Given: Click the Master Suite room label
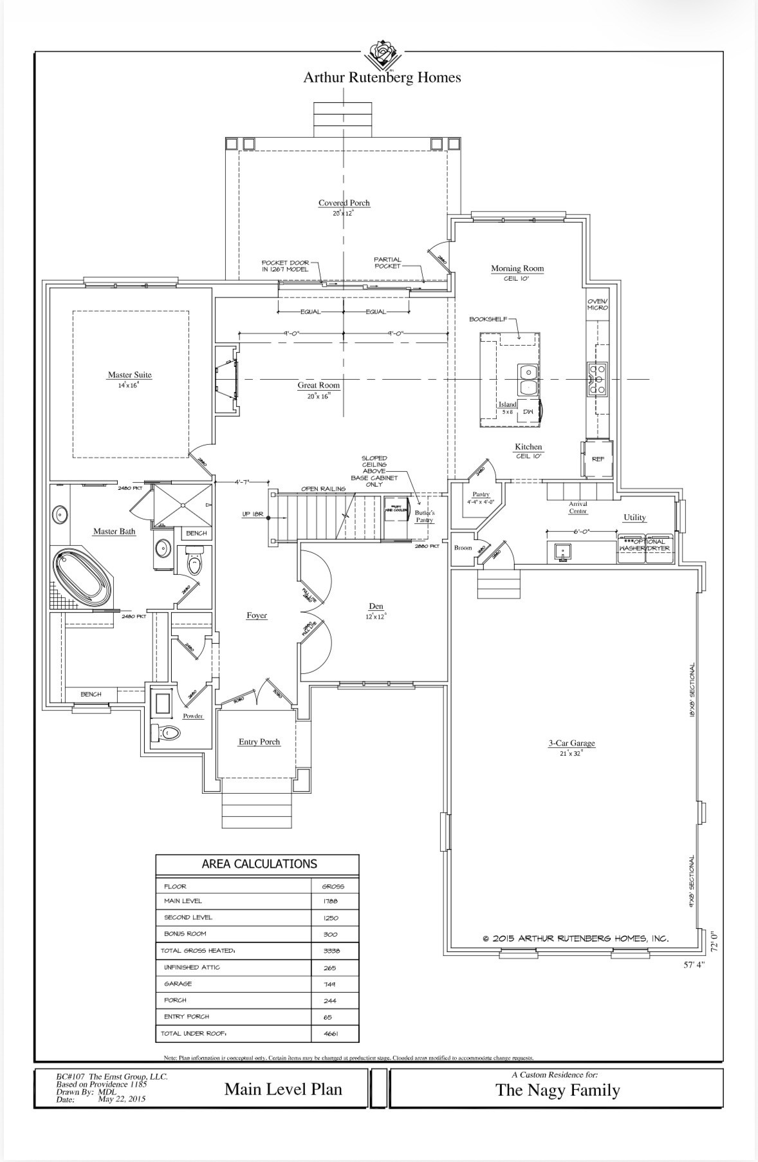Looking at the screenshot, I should click(129, 375).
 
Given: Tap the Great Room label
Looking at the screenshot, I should click(319, 386).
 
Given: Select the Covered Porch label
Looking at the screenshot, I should click(344, 203).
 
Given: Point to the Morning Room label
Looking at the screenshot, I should click(517, 268).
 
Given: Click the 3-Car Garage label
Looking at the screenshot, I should click(571, 743).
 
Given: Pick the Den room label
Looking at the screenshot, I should click(376, 606).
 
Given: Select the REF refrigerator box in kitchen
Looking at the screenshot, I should click(598, 458).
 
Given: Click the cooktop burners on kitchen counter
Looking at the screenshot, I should click(596, 379).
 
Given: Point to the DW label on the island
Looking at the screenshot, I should click(528, 412).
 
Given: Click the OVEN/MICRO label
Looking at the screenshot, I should click(597, 305).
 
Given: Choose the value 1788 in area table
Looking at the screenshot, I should click(331, 902).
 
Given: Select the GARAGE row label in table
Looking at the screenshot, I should click(178, 984).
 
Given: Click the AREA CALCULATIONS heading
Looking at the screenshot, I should click(259, 864).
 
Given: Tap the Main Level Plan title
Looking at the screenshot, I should click(283, 1089).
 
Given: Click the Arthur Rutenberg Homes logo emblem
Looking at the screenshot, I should click(382, 53).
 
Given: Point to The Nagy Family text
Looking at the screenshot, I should click(557, 1090).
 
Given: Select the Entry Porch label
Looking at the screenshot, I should click(259, 742).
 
